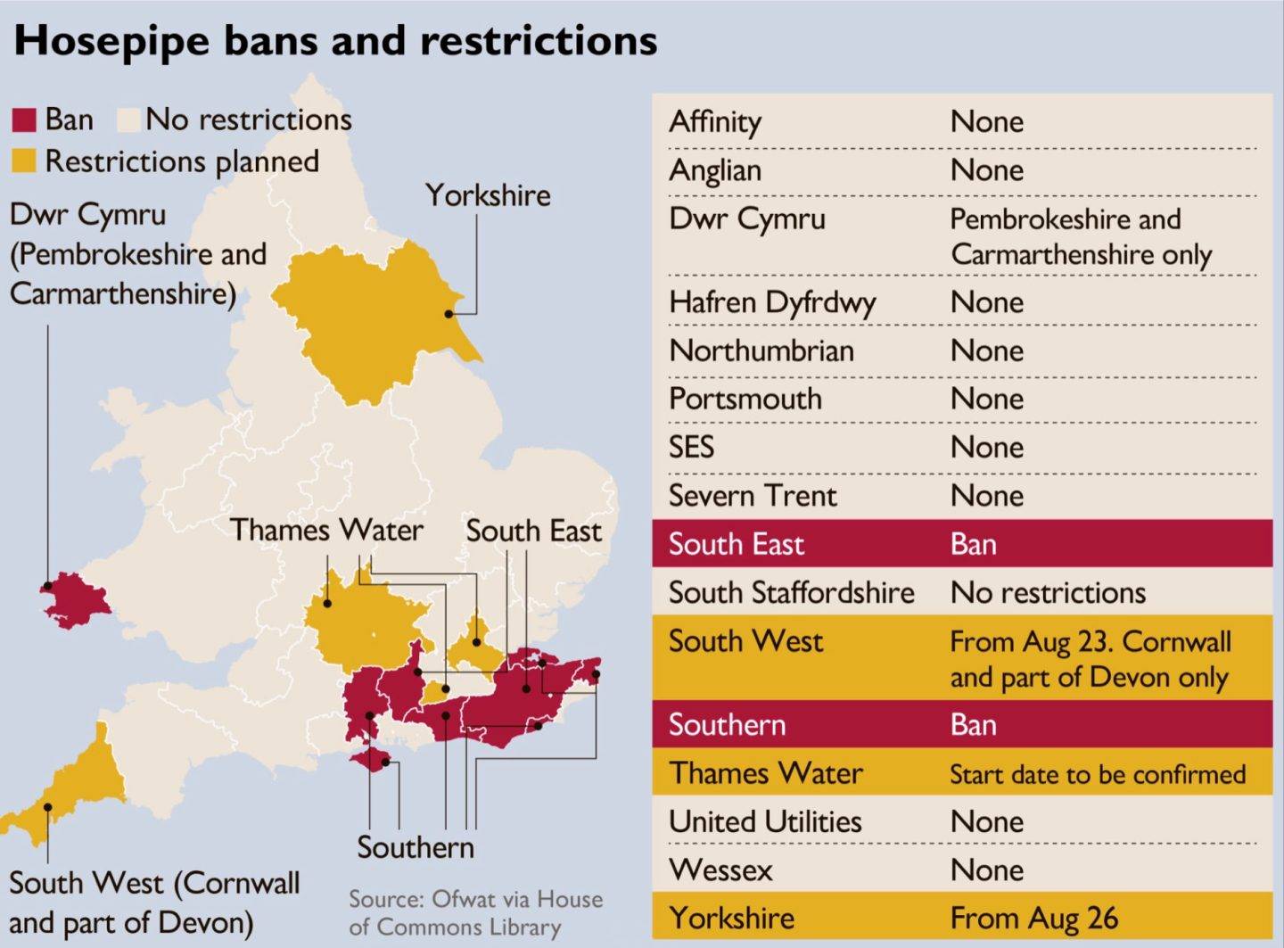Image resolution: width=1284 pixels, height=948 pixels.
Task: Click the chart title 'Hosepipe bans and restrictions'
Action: point(335,41)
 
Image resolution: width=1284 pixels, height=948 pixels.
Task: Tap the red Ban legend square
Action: point(24,120)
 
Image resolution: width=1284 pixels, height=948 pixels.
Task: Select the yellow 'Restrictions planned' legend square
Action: point(24,161)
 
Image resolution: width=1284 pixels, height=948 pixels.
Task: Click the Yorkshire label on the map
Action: point(488,195)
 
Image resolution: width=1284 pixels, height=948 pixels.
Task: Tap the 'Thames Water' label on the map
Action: point(326,530)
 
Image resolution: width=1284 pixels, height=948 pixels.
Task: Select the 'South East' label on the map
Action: point(533,531)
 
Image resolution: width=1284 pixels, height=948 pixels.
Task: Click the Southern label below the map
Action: point(416,847)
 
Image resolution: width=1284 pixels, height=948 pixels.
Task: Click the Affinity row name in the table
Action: point(715,122)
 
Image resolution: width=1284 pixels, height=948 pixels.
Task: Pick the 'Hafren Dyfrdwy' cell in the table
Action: point(772,303)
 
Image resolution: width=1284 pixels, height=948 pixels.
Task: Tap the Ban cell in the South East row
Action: point(973,544)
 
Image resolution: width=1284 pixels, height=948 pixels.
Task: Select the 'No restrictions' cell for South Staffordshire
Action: point(1048,592)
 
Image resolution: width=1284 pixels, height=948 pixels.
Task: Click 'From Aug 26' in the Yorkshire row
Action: point(1033,918)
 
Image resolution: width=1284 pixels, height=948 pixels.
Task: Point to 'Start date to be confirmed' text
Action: point(1098,774)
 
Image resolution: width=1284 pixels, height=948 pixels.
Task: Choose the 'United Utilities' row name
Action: point(765,821)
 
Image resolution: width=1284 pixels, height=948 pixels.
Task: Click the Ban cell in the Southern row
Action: point(973,725)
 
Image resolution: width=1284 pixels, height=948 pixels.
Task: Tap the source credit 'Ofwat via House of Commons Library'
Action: point(476,912)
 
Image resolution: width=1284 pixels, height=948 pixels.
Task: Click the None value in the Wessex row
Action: point(986,870)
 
